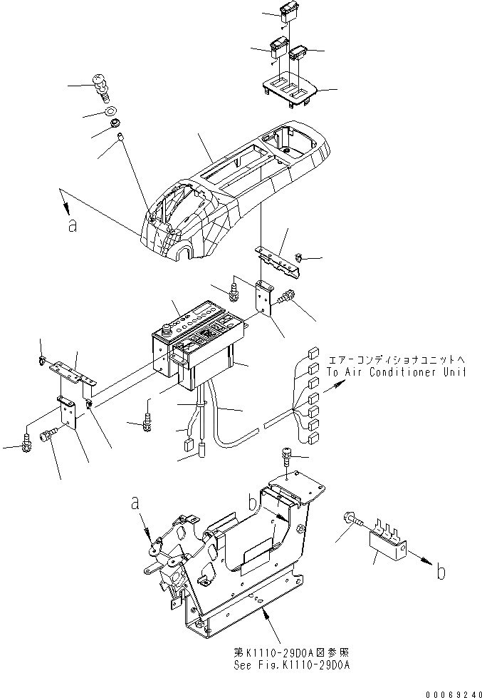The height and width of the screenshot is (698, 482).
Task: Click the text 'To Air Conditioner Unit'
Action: pyautogui.click(x=397, y=372)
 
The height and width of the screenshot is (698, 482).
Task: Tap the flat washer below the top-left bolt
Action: pyautogui.click(x=111, y=112)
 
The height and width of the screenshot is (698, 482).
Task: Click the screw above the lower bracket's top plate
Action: pyautogui.click(x=286, y=456)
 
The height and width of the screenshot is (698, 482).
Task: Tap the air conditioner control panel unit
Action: pyautogui.click(x=196, y=335)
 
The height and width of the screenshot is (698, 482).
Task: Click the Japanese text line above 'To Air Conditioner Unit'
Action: pyautogui.click(x=396, y=360)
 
